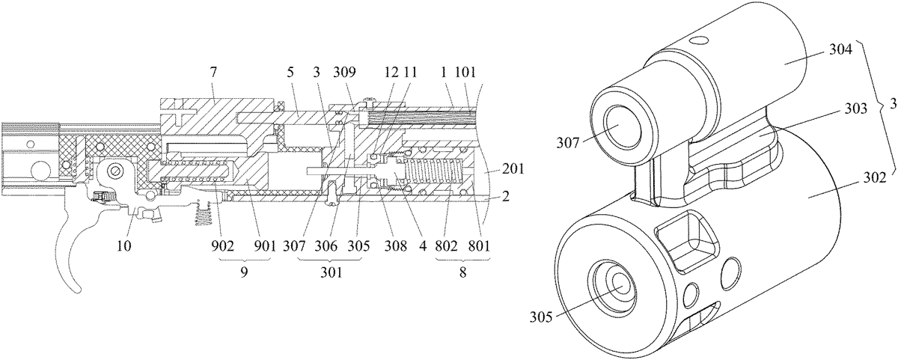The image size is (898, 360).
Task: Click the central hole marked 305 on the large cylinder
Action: point(620,284)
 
